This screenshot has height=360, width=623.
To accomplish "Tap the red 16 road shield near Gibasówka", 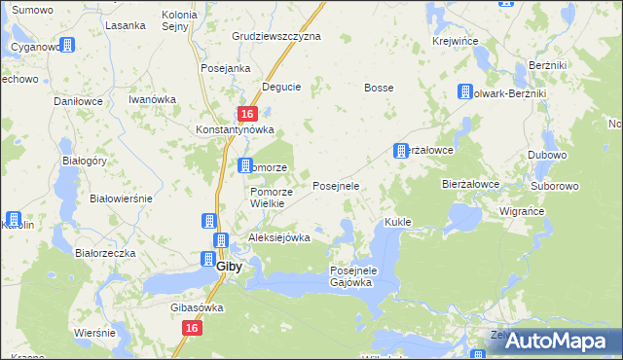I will pyautogui.click(x=191, y=330).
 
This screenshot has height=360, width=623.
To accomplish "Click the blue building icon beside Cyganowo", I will pyautogui.click(x=67, y=45).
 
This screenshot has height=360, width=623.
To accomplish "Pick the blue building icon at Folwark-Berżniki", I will pyautogui.click(x=465, y=92).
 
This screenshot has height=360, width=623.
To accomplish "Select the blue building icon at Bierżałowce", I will pyautogui.click(x=400, y=151).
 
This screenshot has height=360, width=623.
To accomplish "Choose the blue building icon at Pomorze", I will pyautogui.click(x=245, y=166).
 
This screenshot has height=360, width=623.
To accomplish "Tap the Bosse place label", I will pyautogui.click(x=379, y=88).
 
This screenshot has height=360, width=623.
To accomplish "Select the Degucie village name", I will pyautogui.click(x=280, y=87).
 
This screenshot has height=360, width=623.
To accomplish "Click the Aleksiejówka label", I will pyautogui.click(x=279, y=237).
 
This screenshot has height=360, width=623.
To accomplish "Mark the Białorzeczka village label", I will pyautogui.click(x=105, y=252).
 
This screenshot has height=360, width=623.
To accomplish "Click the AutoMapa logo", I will pyautogui.click(x=554, y=342).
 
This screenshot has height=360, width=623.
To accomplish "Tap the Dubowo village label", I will pyautogui.click(x=548, y=155).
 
